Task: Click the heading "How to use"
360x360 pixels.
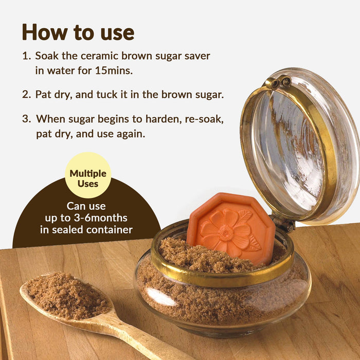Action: [78, 32]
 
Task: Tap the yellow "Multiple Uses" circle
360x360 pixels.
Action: [88, 175]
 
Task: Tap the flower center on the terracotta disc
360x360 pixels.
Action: [226, 232]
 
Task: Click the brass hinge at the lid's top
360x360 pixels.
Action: [278, 82]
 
